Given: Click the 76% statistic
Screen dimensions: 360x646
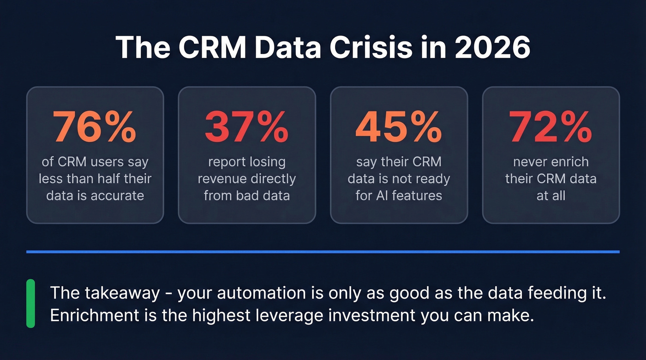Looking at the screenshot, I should point(95,127).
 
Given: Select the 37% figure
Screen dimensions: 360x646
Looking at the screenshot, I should point(246,127).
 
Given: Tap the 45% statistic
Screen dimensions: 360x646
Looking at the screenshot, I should point(399,127).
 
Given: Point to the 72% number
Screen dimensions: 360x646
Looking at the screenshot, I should point(550,127).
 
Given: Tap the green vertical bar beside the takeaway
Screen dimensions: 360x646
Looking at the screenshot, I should point(30,303).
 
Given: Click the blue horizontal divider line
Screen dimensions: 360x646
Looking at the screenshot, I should point(323,252).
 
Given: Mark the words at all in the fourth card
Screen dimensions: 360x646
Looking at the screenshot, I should point(550,195).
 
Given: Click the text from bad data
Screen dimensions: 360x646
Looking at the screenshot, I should point(246,195).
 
